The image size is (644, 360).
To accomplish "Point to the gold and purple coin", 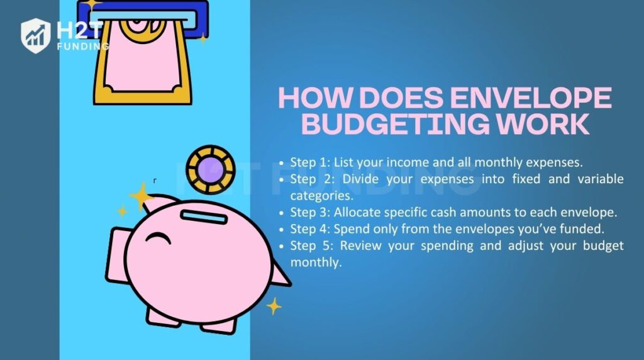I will [209, 171].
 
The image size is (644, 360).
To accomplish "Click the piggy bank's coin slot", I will [203, 216].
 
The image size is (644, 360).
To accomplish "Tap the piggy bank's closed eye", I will [158, 237].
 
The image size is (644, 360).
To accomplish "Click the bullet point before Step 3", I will [282, 213].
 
